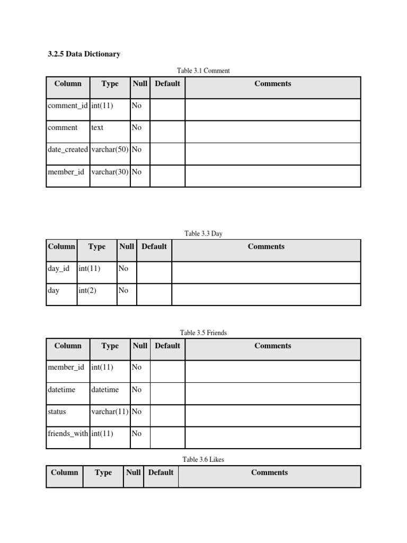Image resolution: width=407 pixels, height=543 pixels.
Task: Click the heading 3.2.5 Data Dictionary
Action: (84, 54)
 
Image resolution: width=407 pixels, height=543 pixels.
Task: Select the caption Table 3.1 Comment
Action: (203, 71)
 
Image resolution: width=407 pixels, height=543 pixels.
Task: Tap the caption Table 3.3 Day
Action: (203, 233)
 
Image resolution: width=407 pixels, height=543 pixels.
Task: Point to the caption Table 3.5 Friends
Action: (203, 333)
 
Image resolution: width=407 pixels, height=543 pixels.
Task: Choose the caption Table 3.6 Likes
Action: (203, 460)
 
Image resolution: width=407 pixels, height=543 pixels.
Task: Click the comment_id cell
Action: (67, 106)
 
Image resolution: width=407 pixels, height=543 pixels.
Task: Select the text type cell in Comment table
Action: (98, 128)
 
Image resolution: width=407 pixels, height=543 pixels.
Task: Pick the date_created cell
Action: (67, 150)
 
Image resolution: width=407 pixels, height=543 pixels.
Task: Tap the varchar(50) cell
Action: (110, 150)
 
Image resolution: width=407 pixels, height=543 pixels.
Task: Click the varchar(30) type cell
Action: (110, 172)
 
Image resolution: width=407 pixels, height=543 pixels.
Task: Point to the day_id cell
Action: (59, 269)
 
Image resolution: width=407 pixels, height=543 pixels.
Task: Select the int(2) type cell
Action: (87, 291)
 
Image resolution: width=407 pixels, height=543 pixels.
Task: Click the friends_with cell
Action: (68, 434)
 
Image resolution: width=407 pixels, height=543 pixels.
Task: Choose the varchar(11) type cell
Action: (110, 411)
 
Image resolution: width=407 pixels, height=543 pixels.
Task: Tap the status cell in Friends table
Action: (57, 411)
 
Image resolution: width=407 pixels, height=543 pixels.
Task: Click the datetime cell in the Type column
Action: (105, 390)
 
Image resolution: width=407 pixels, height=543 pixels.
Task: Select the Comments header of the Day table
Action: (266, 247)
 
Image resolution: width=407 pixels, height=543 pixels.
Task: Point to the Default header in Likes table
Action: (161, 472)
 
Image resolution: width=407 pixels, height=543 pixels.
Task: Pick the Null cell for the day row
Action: (123, 291)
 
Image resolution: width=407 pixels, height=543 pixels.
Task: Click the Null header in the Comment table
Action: (140, 84)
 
